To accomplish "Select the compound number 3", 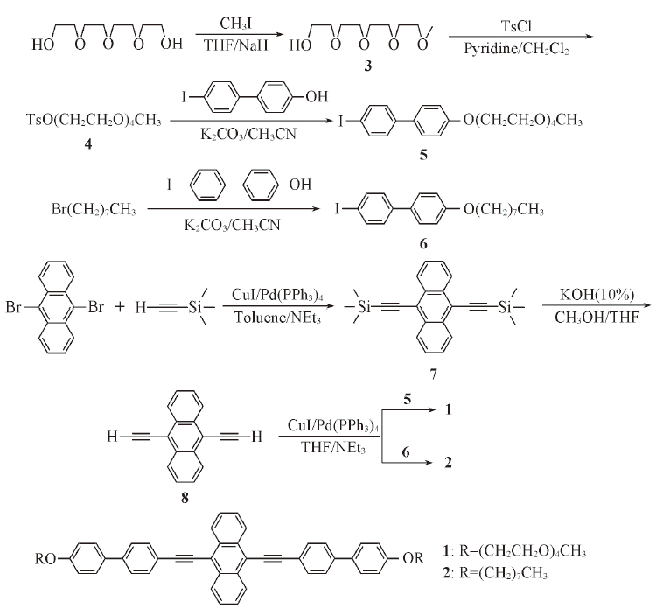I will pyautogui.click(x=369, y=67).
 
